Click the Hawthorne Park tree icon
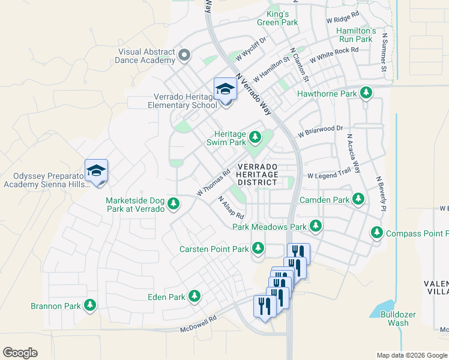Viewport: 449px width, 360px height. [365, 94]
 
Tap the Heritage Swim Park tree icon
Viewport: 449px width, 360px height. [255, 138]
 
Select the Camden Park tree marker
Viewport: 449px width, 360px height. [358, 199]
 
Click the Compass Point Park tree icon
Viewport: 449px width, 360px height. [377, 233]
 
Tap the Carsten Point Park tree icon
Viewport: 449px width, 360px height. [258, 248]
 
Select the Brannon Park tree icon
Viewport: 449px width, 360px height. [90, 305]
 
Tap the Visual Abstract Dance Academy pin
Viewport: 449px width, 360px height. [184, 56]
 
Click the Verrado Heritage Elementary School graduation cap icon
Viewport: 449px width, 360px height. [226, 89]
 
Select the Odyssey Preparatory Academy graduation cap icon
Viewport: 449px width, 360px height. [96, 170]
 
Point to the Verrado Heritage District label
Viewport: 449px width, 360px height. [258, 174]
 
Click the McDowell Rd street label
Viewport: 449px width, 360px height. [198, 325]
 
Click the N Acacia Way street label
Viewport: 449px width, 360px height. [353, 153]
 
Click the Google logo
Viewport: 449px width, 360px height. [20, 353]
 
